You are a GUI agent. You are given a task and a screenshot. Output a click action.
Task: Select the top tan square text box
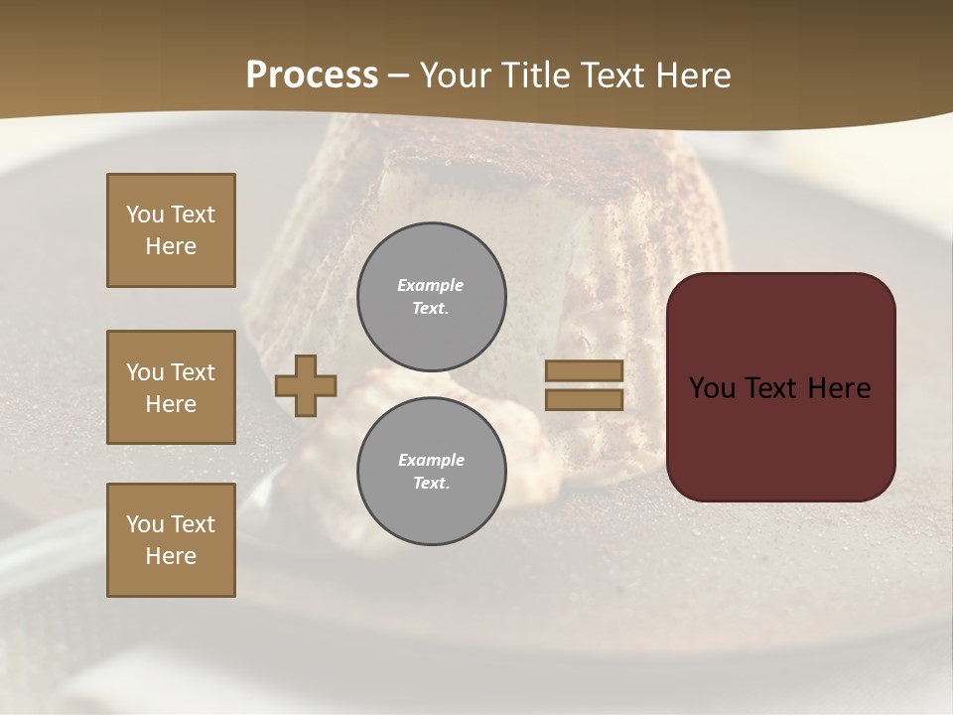point(171,230)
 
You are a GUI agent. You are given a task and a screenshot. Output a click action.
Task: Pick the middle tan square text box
point(171,387)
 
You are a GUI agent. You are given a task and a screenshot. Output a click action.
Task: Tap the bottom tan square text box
point(171,540)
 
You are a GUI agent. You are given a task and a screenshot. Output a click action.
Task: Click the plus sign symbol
point(306,385)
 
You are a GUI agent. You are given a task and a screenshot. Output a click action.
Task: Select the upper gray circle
point(431,296)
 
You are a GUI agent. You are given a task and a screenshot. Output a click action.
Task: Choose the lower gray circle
point(431,471)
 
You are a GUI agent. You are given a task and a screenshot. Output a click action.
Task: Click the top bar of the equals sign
point(584,371)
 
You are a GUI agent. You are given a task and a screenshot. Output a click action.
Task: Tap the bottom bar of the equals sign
point(584,399)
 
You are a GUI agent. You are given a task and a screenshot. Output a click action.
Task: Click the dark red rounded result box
point(780,386)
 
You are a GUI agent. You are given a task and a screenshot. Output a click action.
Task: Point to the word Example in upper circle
point(431,286)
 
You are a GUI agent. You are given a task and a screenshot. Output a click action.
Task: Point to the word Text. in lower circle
point(431,483)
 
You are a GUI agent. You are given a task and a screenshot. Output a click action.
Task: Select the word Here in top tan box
point(171,246)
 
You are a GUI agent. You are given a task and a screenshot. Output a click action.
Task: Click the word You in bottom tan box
point(145,524)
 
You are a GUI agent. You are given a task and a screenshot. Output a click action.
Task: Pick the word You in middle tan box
point(145,372)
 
